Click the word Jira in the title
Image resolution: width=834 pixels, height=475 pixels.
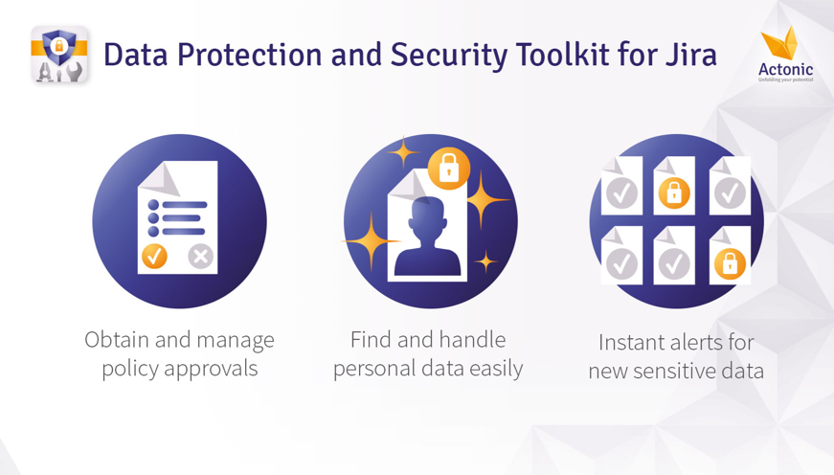point(691,56)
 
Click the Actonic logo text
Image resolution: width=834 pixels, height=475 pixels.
point(785,70)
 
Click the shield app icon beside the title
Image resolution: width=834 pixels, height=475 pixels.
point(59,55)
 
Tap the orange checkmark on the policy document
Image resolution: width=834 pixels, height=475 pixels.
point(154,257)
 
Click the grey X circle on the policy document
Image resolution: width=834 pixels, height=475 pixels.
point(200,257)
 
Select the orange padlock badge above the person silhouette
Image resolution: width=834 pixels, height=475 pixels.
point(449,169)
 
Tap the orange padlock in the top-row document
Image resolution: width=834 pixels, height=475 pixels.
point(674,192)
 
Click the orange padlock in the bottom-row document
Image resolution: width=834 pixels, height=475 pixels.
point(730,263)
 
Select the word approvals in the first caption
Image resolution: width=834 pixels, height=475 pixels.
point(211,369)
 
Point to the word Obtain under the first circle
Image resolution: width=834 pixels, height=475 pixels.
point(117,340)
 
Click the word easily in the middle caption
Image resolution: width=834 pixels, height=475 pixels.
point(496,369)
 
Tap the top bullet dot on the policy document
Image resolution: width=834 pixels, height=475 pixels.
point(153,205)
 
